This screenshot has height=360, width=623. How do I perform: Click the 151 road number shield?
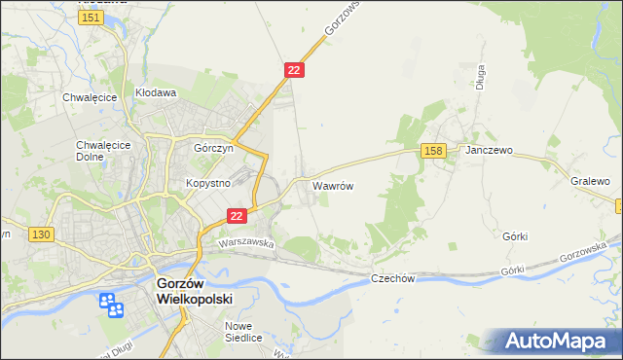[x=92, y=18]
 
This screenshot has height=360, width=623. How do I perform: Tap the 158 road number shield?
[x=434, y=151]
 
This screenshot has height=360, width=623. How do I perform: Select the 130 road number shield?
[x=40, y=235]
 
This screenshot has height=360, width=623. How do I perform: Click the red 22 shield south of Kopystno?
[x=236, y=216]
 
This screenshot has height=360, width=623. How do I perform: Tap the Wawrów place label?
[x=331, y=184]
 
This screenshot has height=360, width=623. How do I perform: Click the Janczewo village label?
[x=489, y=152]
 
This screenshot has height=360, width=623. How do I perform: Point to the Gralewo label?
[x=590, y=182]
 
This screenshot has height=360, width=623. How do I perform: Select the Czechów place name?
[x=393, y=278]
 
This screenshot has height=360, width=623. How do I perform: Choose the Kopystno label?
[x=207, y=183]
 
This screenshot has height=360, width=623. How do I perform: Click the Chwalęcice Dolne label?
[x=97, y=152]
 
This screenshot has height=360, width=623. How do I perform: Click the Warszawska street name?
[x=246, y=242]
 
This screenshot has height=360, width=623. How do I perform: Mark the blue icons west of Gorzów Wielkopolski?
[x=110, y=306]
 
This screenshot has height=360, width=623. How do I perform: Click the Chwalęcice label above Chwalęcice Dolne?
[x=91, y=97]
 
